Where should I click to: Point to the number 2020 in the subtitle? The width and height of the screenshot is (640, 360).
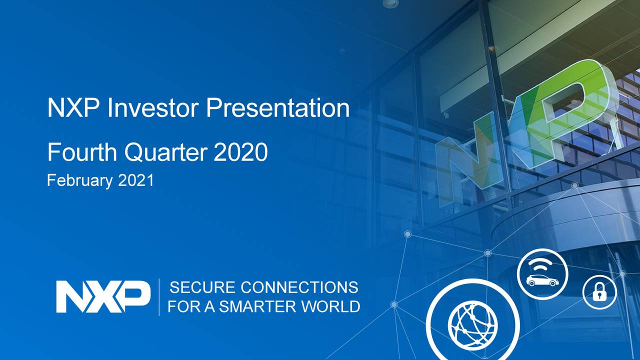tap(241, 152)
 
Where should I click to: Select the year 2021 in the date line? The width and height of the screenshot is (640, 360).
tap(136, 180)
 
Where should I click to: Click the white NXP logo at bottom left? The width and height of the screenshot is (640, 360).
tap(103, 296)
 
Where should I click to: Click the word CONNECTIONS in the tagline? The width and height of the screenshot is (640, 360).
tap(299, 287)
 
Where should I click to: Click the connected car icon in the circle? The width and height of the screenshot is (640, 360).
tap(542, 274)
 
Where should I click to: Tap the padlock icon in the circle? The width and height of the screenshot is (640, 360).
tap(599, 292)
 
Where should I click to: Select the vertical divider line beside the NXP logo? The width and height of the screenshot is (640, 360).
tap(159, 297)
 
